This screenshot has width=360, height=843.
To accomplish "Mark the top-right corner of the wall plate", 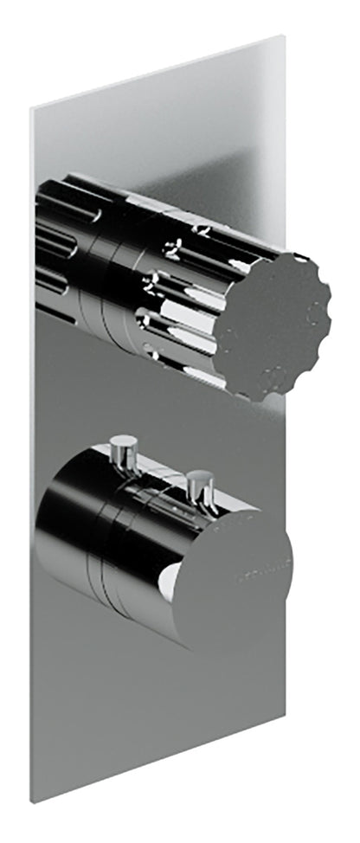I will [x=283, y=36].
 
